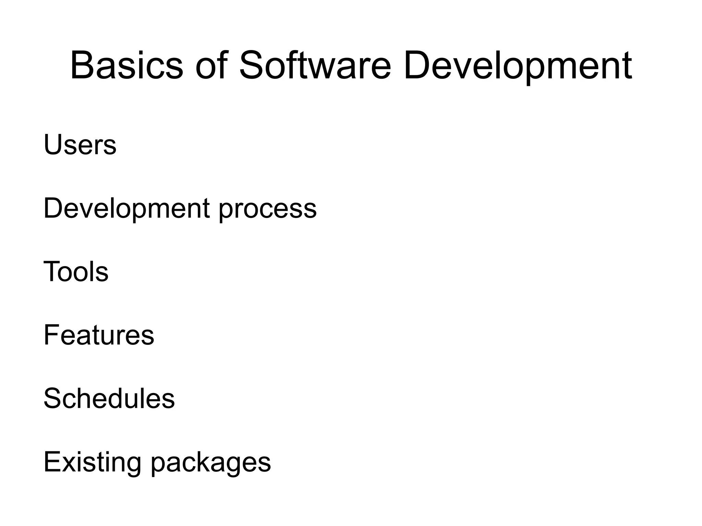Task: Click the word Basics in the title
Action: pos(126,65)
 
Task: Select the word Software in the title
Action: pos(315,65)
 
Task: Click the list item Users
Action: pos(80,145)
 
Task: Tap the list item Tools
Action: pos(76,271)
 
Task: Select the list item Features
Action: pos(99,335)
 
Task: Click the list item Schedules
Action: pos(109,398)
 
